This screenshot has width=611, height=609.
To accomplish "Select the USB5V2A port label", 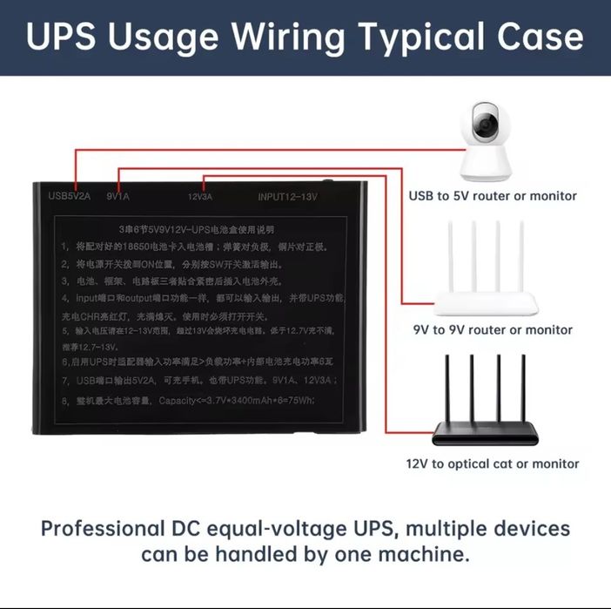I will [x=69, y=196].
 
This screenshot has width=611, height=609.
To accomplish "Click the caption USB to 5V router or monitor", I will [x=493, y=196].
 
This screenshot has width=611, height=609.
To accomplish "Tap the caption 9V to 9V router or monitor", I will [x=493, y=330].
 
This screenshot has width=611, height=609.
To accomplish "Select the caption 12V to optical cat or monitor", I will [x=493, y=464].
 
